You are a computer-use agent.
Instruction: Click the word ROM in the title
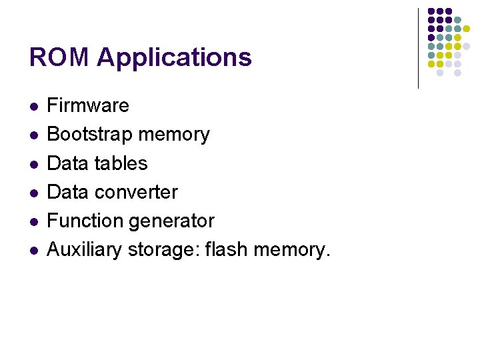[59, 57]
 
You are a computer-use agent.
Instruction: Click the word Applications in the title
[174, 59]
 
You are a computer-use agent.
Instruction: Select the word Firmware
[88, 105]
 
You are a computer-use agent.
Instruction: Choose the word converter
[136, 192]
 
